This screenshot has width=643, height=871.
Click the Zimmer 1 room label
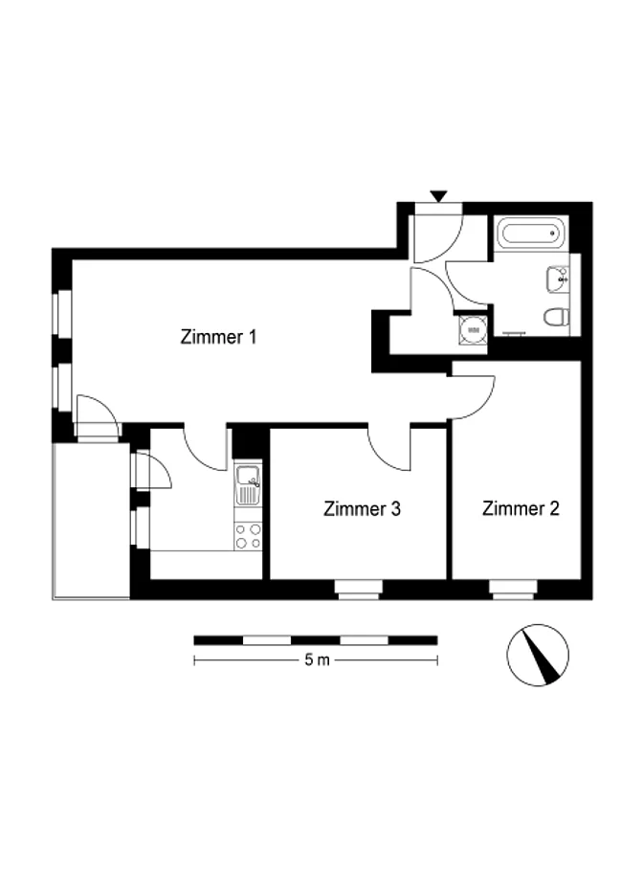(218, 337)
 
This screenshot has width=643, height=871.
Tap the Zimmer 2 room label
(521, 508)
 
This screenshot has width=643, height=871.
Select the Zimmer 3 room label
(362, 509)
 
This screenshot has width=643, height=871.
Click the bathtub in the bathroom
(531, 234)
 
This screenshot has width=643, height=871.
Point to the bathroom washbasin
(558, 279)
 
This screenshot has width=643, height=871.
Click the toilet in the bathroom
(556, 318)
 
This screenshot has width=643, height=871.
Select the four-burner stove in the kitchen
(248, 536)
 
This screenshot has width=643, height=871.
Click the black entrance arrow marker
(438, 196)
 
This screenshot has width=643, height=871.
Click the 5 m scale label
(317, 659)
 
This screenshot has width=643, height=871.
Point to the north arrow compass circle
(538, 655)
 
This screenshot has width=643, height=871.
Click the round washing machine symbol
(473, 330)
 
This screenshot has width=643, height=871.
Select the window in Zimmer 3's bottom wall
(358, 590)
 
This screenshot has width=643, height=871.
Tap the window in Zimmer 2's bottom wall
(513, 590)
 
